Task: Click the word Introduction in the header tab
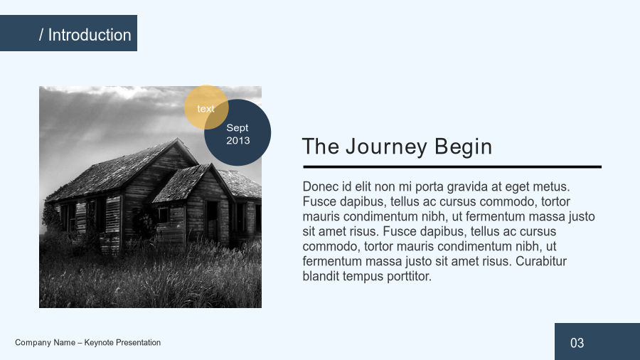coord(90,35)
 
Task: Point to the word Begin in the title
coord(463,147)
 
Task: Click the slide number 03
coord(577,343)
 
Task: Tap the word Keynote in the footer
coord(99,342)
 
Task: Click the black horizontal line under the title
coord(452,167)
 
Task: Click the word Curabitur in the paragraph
coord(541,261)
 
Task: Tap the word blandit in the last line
coord(321,276)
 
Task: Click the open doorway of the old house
coord(212,221)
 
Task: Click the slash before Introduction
coord(41,35)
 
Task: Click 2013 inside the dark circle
coord(238,140)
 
